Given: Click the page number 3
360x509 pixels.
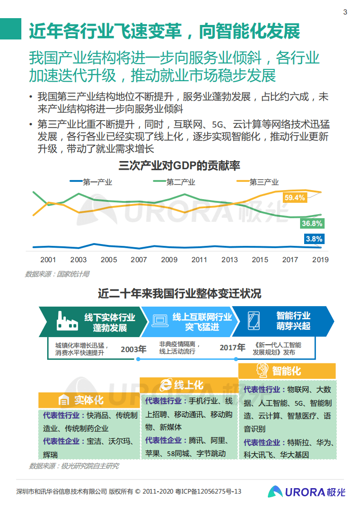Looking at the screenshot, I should pos(345,12).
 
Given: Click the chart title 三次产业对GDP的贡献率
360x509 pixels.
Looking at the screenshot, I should pos(179,166).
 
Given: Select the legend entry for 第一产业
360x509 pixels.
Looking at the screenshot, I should pos(91,182).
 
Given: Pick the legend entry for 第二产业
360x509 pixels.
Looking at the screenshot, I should pos(174,182).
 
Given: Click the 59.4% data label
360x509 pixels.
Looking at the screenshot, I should pos(294,198).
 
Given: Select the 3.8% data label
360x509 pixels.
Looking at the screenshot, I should pos(314,239).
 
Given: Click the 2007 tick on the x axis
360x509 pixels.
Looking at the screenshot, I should pos(139,260).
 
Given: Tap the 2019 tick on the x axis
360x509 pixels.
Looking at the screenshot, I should pos(321,260).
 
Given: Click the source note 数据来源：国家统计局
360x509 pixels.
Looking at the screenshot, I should pos(57,274).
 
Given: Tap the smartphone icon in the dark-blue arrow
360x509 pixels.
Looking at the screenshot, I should pos(254,321).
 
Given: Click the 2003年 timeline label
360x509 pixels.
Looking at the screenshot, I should pos(133,349).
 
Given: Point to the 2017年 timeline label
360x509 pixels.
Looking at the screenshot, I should pos(232,348).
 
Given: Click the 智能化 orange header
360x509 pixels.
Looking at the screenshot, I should pos(286,371).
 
